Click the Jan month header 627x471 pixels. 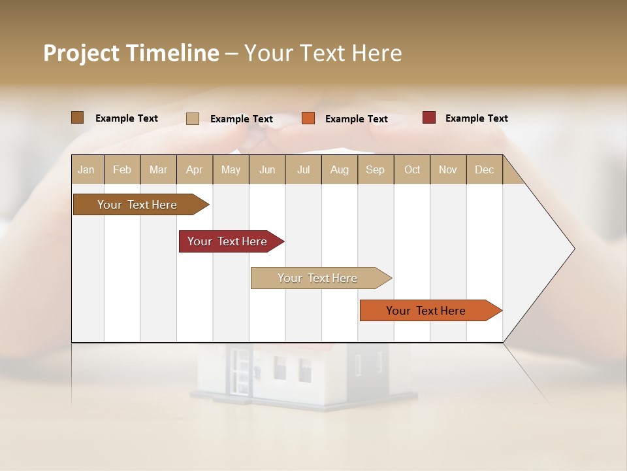pyautogui.click(x=86, y=169)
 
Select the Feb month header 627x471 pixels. pyautogui.click(x=122, y=169)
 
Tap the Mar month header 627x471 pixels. pyautogui.click(x=158, y=169)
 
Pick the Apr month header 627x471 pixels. pyautogui.click(x=194, y=169)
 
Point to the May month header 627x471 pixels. pyautogui.click(x=231, y=169)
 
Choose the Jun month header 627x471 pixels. pyautogui.click(x=267, y=169)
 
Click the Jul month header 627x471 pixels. pyautogui.click(x=303, y=169)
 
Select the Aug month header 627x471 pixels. pyautogui.click(x=340, y=169)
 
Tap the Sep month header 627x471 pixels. pyautogui.click(x=375, y=169)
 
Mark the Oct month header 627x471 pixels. pyautogui.click(x=412, y=169)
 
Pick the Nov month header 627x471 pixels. pyautogui.click(x=448, y=169)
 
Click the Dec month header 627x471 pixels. pyautogui.click(x=484, y=169)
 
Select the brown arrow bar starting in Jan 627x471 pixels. pyautogui.click(x=138, y=205)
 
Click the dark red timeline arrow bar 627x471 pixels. pyautogui.click(x=228, y=241)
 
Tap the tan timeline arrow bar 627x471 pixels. pyautogui.click(x=318, y=278)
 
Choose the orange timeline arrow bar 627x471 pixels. pyautogui.click(x=426, y=311)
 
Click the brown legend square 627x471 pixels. pyautogui.click(x=78, y=118)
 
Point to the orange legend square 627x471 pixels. pyautogui.click(x=308, y=118)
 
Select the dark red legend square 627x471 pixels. pyautogui.click(x=429, y=118)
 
